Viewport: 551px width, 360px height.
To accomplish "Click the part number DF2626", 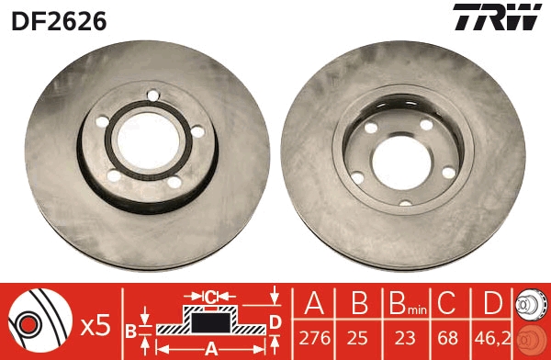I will coord(59,19).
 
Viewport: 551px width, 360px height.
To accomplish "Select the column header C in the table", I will coord(447,304).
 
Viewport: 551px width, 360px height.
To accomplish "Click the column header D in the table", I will coord(492,304).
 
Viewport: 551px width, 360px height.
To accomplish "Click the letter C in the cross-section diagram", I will coord(210,297).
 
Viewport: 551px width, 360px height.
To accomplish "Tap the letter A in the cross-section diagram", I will coord(211,347).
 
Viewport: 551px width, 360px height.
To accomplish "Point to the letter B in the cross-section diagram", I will coord(130,329).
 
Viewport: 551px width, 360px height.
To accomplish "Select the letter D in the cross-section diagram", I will coord(275,321).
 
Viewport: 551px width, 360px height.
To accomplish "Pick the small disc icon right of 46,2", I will coord(532,321).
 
